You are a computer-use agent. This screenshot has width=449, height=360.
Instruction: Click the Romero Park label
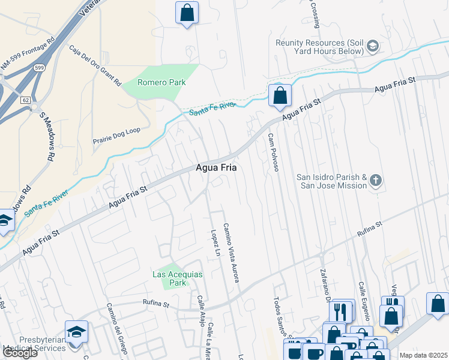pyautogui.click(x=155, y=82)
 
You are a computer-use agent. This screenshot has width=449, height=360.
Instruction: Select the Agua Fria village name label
pyautogui.click(x=216, y=169)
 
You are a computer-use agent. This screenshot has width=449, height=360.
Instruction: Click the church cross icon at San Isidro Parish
pyautogui.click(x=376, y=180)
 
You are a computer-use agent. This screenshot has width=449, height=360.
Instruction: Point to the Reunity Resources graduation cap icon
pyautogui.click(x=372, y=46)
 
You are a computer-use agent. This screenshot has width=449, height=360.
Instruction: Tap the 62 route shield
pyautogui.click(x=25, y=99)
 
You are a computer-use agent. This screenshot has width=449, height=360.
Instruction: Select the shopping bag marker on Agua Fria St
pyautogui.click(x=280, y=95)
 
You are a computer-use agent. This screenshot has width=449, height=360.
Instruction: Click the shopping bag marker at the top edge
pyautogui.click(x=187, y=12)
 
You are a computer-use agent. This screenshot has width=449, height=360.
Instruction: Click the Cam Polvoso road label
pyautogui.click(x=273, y=152)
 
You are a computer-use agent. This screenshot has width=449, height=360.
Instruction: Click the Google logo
pyautogui.click(x=20, y=352)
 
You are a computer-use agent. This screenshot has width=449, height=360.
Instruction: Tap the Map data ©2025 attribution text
pyautogui.click(x=423, y=355)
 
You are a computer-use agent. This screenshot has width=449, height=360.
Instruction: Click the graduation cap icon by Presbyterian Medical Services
pyautogui.click(x=76, y=332)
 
